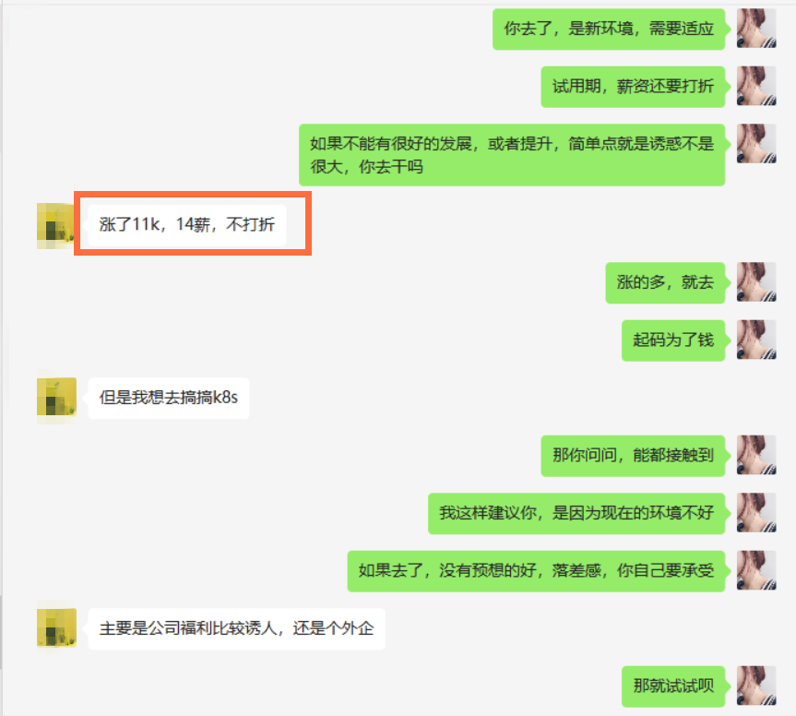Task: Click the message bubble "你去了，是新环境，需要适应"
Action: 609,29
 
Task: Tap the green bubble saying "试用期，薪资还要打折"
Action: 633,87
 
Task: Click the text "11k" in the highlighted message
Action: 148,224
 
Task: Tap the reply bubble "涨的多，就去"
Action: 666,282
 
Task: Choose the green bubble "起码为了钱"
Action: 673,340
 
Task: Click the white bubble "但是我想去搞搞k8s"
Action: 168,398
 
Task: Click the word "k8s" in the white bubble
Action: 225,398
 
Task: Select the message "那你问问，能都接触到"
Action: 633,455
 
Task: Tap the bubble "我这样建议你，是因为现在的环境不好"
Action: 576,513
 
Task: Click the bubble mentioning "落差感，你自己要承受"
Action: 536,570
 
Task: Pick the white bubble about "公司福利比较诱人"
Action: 236,628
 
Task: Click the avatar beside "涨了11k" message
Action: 55,224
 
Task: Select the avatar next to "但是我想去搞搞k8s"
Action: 55,398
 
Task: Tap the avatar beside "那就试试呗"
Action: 756,686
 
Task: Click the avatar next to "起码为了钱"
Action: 756,340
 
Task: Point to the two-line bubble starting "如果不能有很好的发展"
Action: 512,155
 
